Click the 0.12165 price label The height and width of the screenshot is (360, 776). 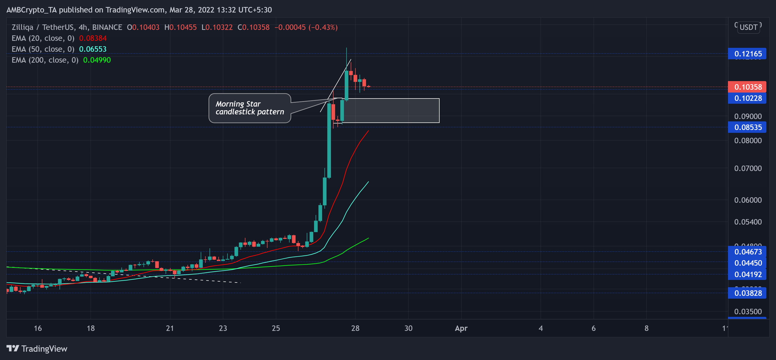point(747,54)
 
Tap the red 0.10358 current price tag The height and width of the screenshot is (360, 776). point(747,87)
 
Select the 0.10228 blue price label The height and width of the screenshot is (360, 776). point(747,98)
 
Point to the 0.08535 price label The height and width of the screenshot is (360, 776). point(747,127)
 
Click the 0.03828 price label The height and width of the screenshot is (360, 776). point(747,293)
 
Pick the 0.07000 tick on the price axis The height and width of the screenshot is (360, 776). point(747,168)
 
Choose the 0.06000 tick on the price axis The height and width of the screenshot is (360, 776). point(747,200)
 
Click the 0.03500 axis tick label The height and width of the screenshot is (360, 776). point(747,311)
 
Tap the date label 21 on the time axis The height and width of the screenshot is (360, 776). point(170,328)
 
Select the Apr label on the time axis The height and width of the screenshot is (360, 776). point(461,328)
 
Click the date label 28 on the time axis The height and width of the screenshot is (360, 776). point(355,328)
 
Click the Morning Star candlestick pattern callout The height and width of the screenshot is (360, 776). point(250,108)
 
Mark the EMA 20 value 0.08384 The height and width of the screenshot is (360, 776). point(93,38)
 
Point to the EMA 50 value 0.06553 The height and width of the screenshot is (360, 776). point(93,49)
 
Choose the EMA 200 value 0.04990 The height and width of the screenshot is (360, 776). point(97,60)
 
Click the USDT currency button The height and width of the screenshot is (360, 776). point(748,27)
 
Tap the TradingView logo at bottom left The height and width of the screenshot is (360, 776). point(37,349)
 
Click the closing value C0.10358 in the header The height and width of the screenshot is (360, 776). point(253,27)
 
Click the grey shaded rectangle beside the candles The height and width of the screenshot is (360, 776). point(392,110)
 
